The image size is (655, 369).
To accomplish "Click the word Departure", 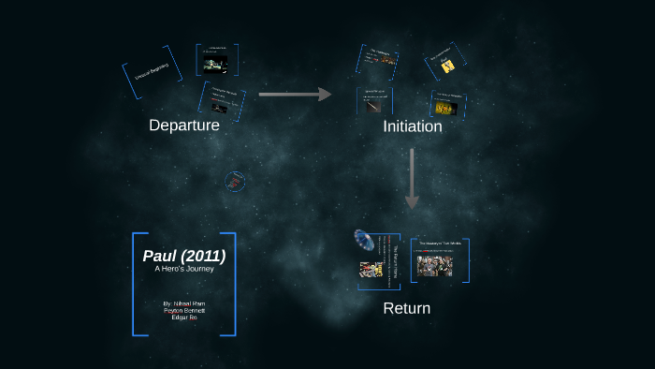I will click(184, 125).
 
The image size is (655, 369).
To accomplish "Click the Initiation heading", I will click(412, 126).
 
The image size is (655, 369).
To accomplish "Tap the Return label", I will click(407, 308).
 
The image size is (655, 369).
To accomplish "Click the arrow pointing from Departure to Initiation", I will click(295, 94).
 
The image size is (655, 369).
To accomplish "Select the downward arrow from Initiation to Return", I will click(412, 178).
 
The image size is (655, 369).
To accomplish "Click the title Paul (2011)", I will click(184, 256).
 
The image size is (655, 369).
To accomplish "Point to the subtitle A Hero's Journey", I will click(184, 270).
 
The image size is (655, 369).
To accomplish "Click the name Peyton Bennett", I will click(184, 310).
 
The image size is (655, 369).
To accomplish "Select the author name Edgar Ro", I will click(184, 317).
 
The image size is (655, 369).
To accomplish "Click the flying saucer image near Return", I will click(364, 240).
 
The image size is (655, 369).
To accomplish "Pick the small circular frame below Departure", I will click(236, 181).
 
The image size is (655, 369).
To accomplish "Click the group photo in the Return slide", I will click(434, 265).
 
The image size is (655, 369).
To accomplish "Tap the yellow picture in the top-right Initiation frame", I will click(447, 66).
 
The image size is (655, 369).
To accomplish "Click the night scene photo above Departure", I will click(216, 64).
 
